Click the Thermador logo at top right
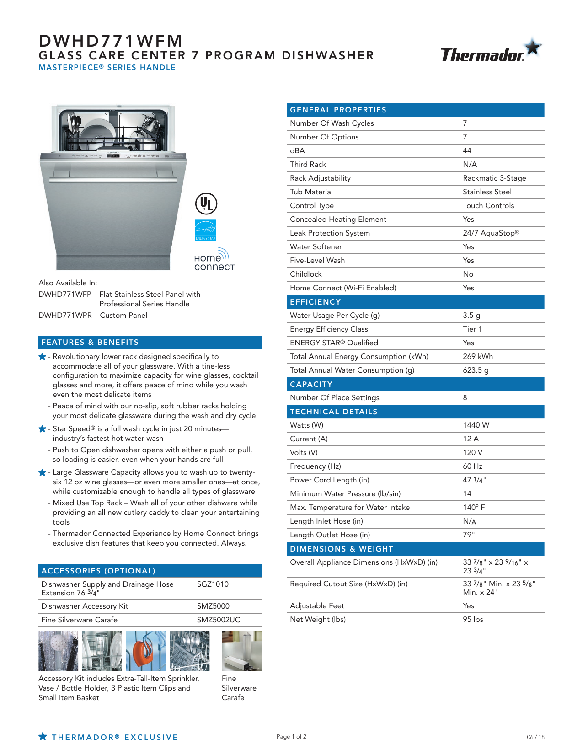point(490,51)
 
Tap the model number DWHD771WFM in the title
point(111,41)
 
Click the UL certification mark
point(206,204)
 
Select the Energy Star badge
point(206,230)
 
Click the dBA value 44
point(467,150)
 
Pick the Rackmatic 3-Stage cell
point(494,178)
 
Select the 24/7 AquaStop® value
point(491,233)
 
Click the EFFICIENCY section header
point(316,302)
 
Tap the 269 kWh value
point(478,356)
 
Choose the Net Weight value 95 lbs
point(473,619)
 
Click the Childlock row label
point(306,274)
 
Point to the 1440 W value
point(476,425)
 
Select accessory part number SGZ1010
point(213,584)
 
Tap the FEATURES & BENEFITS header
point(90,342)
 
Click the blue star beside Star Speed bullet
point(43,428)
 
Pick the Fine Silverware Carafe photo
point(241,651)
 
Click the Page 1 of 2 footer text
point(291,736)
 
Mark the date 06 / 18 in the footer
point(535,737)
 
